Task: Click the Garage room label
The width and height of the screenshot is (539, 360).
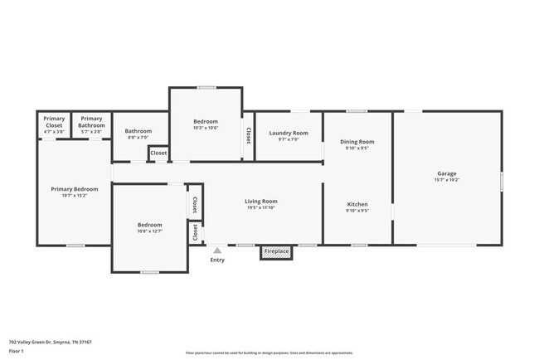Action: (446, 173)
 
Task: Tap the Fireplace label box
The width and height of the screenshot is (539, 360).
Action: (276, 251)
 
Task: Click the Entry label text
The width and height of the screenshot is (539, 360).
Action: (217, 260)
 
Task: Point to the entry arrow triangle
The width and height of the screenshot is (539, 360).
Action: (217, 249)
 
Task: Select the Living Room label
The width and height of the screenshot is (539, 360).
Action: (260, 202)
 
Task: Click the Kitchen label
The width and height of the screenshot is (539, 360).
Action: (357, 204)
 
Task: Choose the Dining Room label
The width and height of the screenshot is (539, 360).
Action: (357, 142)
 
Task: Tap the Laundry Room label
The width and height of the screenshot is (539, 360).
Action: (288, 133)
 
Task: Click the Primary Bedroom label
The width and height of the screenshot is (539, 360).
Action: (75, 189)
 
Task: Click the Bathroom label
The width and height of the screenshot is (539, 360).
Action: (138, 131)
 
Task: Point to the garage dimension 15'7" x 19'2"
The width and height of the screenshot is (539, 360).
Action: (446, 180)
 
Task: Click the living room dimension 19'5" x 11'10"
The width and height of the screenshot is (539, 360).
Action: (260, 208)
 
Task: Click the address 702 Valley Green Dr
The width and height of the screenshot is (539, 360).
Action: (50, 341)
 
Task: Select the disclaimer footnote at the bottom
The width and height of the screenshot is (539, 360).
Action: (269, 353)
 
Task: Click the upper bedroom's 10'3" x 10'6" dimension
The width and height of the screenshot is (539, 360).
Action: (205, 127)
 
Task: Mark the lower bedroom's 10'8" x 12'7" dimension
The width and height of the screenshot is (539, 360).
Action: (149, 231)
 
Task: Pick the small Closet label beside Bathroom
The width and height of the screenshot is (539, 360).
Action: (158, 153)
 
